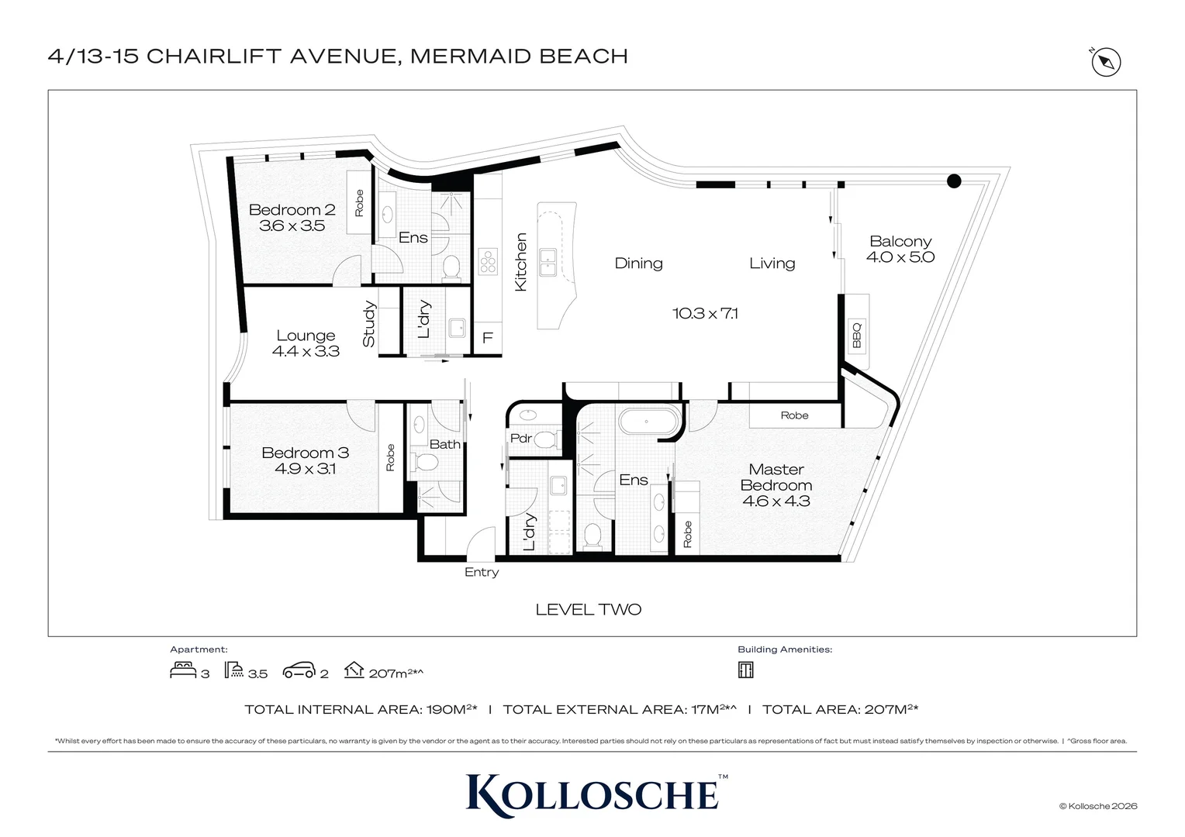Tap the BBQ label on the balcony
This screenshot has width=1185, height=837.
pyautogui.click(x=856, y=334)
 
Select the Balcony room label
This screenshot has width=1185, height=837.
pyautogui.click(x=900, y=241)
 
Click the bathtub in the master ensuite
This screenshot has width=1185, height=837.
pyautogui.click(x=648, y=422)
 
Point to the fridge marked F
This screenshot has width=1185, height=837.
pyautogui.click(x=488, y=337)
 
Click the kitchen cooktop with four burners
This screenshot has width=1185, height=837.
pyautogui.click(x=488, y=262)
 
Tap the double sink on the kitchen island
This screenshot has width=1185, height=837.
pyautogui.click(x=548, y=262)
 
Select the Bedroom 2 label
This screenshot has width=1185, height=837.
pyautogui.click(x=292, y=209)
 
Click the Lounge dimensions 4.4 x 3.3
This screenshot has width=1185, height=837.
pyautogui.click(x=306, y=351)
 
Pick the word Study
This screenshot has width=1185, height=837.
pyautogui.click(x=368, y=324)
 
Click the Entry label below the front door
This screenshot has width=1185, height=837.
pyautogui.click(x=482, y=572)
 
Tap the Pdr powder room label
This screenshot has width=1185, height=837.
pyautogui.click(x=520, y=439)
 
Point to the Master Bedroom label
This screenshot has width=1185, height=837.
pyautogui.click(x=776, y=477)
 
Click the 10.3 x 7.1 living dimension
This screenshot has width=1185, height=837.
pyautogui.click(x=705, y=314)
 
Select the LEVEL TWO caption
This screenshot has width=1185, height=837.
pyautogui.click(x=589, y=610)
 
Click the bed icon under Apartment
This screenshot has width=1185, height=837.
pyautogui.click(x=183, y=670)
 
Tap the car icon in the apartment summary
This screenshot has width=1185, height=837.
pyautogui.click(x=299, y=670)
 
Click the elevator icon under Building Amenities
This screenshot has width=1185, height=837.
pyautogui.click(x=745, y=670)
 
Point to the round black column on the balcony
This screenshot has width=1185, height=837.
pyautogui.click(x=954, y=181)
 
